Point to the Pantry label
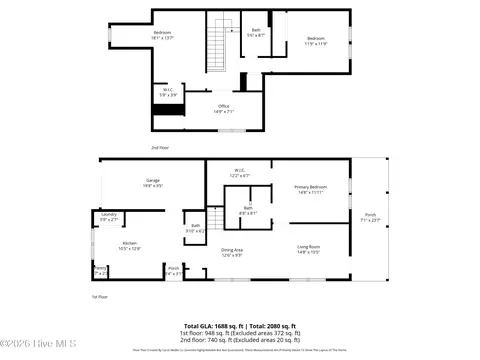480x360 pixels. point(100,269)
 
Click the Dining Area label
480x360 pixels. point(232,252)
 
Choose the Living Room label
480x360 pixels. point(308,248)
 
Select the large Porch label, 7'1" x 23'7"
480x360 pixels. point(370,217)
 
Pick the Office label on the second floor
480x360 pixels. point(225,109)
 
